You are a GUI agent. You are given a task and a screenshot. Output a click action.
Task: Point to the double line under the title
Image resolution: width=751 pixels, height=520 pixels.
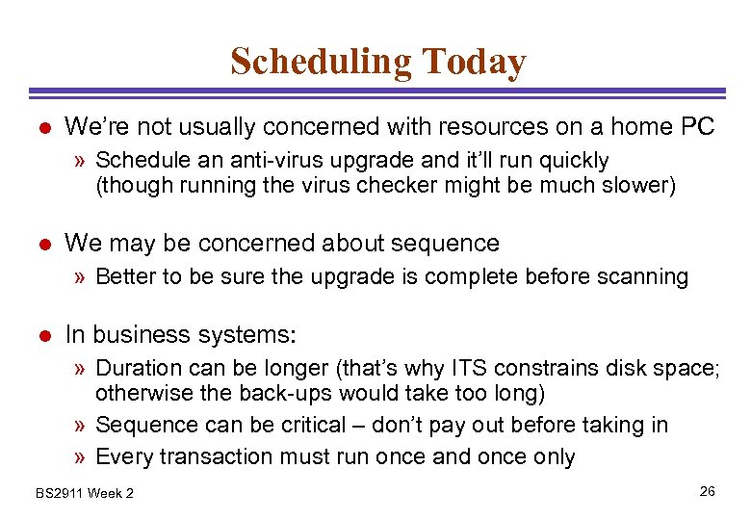point(375,93)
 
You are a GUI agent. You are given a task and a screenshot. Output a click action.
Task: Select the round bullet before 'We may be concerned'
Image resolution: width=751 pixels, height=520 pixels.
point(43,244)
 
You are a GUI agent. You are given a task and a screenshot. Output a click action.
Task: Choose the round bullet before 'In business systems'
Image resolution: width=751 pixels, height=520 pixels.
point(43,336)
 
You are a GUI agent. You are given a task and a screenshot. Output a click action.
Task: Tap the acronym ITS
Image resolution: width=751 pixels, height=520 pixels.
point(479,369)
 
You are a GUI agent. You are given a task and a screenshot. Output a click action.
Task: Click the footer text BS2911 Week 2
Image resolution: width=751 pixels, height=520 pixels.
point(85,494)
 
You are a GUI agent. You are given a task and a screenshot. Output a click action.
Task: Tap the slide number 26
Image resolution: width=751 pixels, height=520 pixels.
point(707,492)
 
